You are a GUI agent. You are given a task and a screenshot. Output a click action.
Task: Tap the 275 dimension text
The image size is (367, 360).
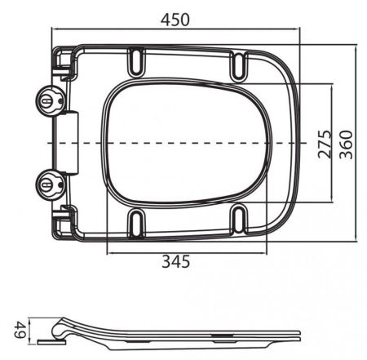(323, 143)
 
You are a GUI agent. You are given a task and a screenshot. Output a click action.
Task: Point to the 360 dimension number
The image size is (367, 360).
(347, 143)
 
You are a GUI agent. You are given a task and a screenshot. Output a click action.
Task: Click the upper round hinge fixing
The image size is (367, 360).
(49, 101)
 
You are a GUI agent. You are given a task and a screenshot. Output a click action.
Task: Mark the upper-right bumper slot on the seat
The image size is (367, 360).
(240, 64)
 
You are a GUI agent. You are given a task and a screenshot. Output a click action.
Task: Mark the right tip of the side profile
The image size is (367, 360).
(298, 333)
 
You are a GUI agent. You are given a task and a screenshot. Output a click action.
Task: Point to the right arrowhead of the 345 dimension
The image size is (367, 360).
(267, 251)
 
